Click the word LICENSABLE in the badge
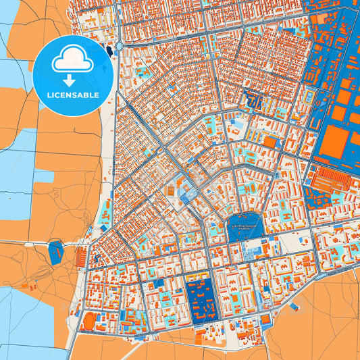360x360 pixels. pos(72,95)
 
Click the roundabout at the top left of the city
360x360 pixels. pos(119,46)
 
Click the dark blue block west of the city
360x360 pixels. pos(55,253)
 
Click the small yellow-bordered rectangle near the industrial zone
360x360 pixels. pos(308,97)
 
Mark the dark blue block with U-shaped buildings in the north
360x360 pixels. pos(255,101)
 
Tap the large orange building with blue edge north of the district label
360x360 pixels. pos(272,142)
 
